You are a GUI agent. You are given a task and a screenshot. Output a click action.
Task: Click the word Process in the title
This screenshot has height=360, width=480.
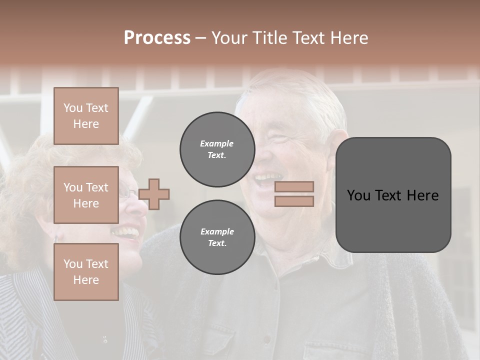coord(157,38)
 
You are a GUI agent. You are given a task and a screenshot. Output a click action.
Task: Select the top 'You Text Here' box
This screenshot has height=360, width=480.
coord(86,116)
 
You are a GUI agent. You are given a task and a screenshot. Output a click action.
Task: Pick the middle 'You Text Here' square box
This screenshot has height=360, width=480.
coord(86,195)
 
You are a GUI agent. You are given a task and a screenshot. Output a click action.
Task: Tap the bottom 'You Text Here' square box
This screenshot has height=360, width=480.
coord(86,271)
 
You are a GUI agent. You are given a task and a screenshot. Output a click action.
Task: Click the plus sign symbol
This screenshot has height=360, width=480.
coord(154,194)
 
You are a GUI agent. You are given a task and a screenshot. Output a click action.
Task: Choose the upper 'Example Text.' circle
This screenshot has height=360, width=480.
coord(217,149)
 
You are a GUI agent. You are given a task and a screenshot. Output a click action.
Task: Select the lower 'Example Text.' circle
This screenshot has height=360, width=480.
coord(217,237)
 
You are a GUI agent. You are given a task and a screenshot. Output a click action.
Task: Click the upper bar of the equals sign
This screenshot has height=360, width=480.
coord(294,186)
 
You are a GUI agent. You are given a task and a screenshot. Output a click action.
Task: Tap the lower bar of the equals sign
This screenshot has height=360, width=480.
coord(294,201)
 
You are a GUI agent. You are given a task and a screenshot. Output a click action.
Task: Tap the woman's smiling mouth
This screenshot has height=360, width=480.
coord(126,231)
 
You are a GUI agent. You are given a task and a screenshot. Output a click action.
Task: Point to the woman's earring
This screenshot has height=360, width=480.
coord(55,239)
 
